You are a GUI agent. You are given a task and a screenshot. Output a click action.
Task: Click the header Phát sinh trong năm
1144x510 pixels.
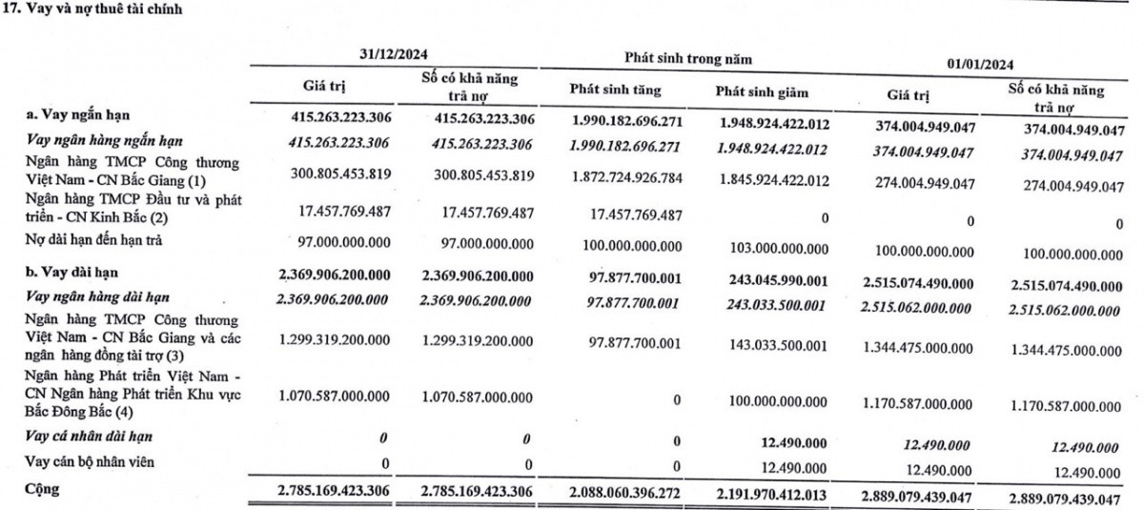(687, 58)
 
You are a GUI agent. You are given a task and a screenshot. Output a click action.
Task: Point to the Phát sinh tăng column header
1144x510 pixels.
(615, 91)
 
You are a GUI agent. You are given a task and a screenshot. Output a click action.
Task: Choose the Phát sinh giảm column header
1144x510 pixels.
(761, 92)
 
